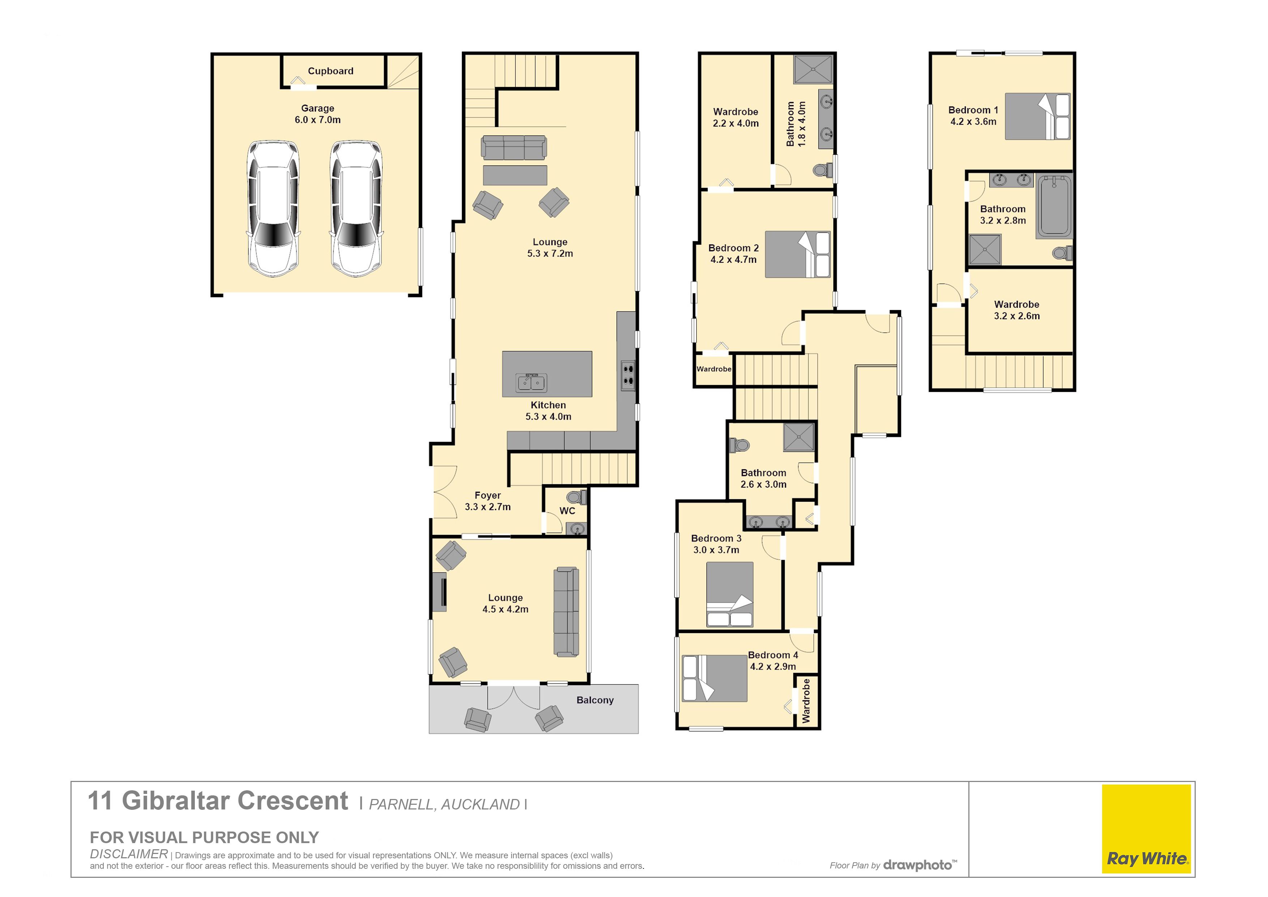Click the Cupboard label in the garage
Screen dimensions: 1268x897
[x=330, y=71]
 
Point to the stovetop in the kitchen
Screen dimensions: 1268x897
[x=628, y=375]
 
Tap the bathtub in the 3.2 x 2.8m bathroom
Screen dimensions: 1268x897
[x=1054, y=206]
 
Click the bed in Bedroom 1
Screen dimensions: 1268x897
[x=1037, y=116]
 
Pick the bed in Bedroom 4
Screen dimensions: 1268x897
[x=715, y=678]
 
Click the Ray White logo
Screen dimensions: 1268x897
[x=1147, y=829]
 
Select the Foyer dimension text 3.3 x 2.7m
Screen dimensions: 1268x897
[x=488, y=507]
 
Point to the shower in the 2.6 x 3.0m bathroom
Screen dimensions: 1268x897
[x=798, y=437]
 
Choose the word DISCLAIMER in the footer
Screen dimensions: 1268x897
[x=129, y=854]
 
